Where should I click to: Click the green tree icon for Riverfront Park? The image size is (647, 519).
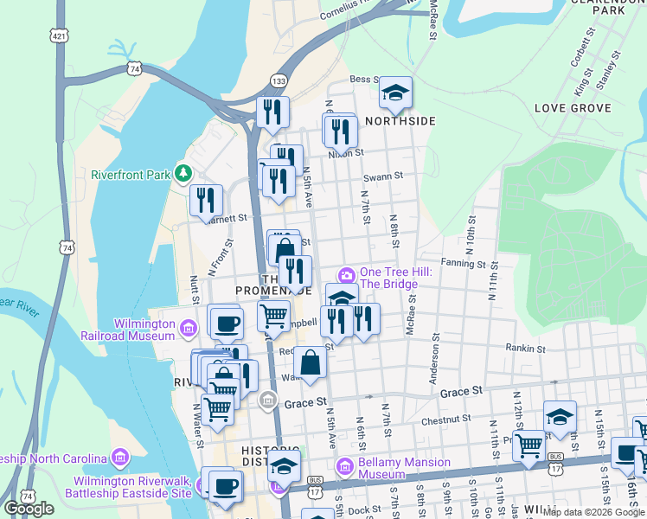tap(183, 174)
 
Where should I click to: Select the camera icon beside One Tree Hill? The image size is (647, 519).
tap(347, 276)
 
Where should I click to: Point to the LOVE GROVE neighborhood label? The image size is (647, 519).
tap(573, 108)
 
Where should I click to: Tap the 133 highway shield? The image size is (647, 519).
tap(279, 80)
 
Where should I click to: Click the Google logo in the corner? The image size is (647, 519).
tap(29, 509)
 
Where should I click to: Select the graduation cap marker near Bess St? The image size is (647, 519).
tap(395, 93)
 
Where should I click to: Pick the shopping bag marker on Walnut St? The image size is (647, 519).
tap(310, 362)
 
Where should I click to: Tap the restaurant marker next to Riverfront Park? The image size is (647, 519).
tap(207, 202)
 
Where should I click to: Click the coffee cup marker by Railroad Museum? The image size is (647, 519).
tap(227, 323)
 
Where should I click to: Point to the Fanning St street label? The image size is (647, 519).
tap(464, 263)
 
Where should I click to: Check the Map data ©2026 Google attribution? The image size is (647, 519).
tap(593, 512)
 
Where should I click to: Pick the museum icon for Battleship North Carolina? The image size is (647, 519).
tap(119, 457)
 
